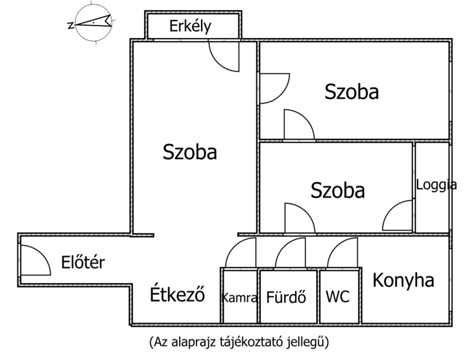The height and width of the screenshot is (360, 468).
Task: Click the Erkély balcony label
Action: [x=190, y=26]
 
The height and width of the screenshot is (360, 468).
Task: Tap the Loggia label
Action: [x=437, y=185]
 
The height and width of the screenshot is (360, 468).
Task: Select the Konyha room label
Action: [x=403, y=280]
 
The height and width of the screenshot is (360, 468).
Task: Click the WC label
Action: [x=338, y=296]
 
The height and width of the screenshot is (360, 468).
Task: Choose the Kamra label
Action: [x=239, y=298]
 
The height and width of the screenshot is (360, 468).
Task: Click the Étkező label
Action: [x=177, y=294]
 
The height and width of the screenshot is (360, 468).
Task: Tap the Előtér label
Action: [x=83, y=262]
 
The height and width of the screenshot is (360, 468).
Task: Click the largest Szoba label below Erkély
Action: [x=190, y=152]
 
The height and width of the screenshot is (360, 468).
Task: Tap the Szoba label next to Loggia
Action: [x=338, y=190]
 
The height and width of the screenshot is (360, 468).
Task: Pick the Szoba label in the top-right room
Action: [x=352, y=91]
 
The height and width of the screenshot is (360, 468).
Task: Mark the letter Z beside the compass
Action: [x=70, y=25]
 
